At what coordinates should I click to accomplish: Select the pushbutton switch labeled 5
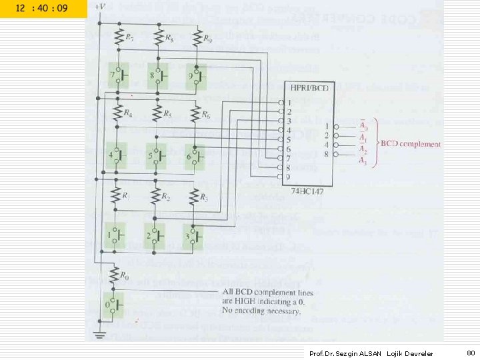(157, 157)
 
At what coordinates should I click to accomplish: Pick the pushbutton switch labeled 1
(115, 235)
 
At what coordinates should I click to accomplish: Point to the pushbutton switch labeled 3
(195, 235)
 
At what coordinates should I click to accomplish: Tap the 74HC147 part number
(307, 191)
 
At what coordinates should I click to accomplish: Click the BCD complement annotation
(411, 144)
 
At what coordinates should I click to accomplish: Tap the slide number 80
(470, 352)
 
